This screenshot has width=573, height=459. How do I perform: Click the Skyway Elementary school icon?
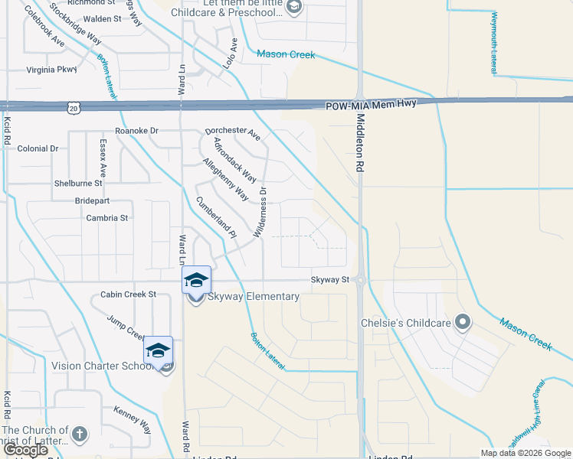(x=196, y=280)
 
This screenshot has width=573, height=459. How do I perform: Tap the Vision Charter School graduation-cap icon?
(x=159, y=350)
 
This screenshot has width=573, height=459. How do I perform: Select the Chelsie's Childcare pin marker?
(x=462, y=322)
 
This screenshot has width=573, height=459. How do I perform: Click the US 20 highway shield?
(x=73, y=107)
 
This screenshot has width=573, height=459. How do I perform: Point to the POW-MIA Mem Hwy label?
(x=370, y=106)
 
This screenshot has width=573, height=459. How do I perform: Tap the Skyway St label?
(x=329, y=281)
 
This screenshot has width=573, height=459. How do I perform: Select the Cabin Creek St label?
(x=128, y=294)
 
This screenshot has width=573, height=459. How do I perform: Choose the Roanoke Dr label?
(x=136, y=131)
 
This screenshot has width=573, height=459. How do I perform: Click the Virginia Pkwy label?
(x=52, y=70)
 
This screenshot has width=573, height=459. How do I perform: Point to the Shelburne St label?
(x=78, y=184)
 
